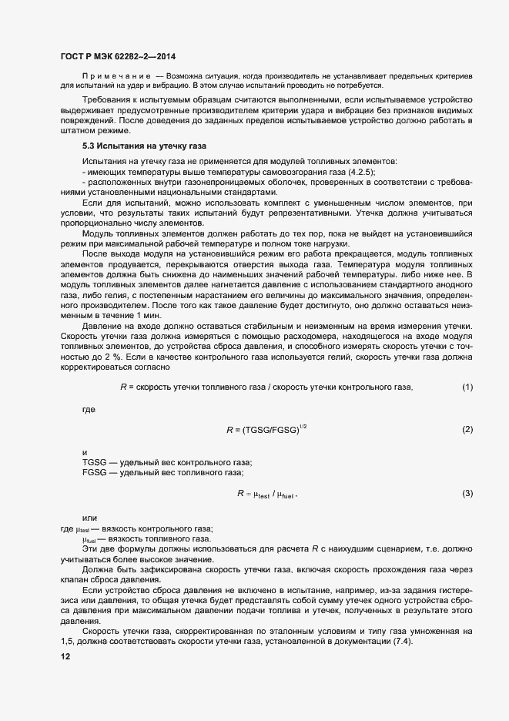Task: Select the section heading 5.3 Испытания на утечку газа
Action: click(145, 146)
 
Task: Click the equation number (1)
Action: click(467, 386)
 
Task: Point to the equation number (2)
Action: click(467, 429)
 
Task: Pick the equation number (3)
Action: click(467, 493)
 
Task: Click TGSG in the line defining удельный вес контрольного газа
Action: click(95, 462)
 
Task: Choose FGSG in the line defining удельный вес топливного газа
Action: click(95, 472)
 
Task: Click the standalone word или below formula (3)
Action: click(90, 518)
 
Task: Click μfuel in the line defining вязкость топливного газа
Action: click(91, 539)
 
